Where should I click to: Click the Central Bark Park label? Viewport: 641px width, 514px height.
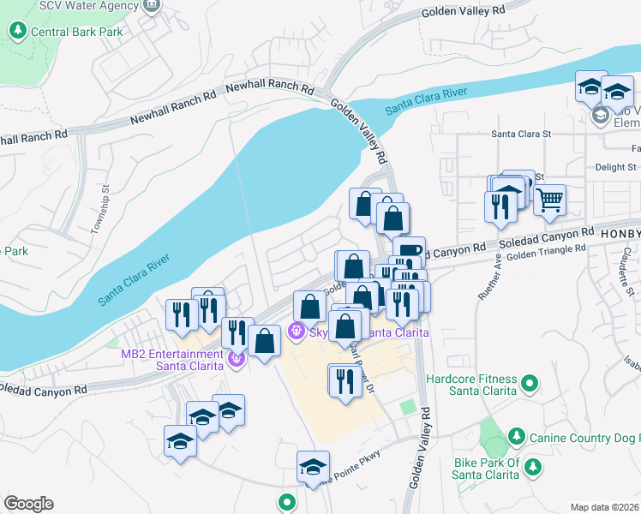[x=76, y=33]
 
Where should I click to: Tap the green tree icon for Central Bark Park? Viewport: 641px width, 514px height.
[x=17, y=32]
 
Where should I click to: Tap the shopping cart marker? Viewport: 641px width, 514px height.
[x=550, y=200]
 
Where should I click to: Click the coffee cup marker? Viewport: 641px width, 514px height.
[x=413, y=250]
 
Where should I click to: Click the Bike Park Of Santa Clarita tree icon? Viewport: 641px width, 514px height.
[x=533, y=467]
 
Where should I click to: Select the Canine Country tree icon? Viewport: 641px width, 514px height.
[x=516, y=437]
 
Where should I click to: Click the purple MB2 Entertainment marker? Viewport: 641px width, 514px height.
[x=237, y=361]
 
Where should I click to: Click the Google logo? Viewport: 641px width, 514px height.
[x=28, y=504]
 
